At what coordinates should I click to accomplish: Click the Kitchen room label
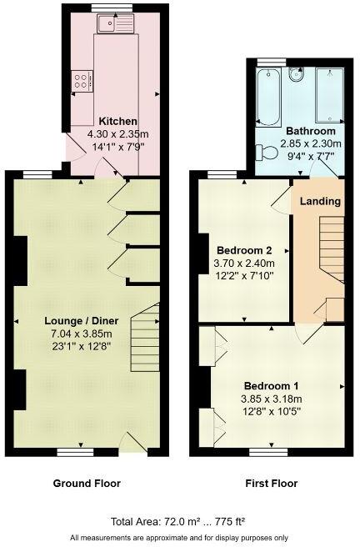tap(117, 121)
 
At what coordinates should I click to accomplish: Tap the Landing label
tap(320, 202)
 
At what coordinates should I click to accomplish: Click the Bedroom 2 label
tap(245, 250)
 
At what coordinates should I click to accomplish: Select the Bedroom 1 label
tap(271, 386)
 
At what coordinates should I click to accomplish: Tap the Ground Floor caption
tap(87, 484)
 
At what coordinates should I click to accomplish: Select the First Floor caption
tap(272, 484)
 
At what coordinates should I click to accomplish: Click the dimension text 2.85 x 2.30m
tap(311, 143)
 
